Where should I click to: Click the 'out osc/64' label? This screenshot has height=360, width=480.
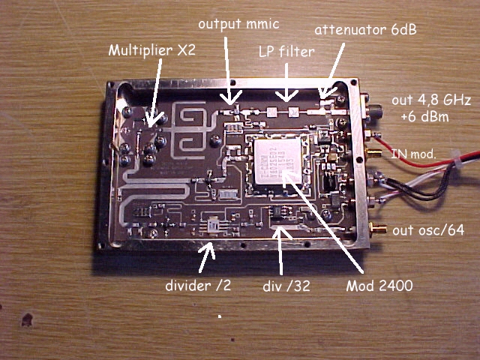(x=430, y=230)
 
